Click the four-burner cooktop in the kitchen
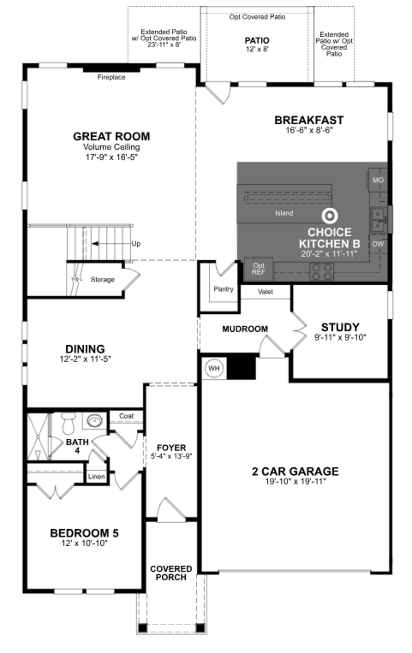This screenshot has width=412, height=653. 322,272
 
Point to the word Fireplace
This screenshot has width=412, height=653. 111,77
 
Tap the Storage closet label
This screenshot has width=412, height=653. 102,279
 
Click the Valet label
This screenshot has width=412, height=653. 265,292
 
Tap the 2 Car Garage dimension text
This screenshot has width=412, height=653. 295,481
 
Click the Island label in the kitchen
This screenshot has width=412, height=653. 284,213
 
